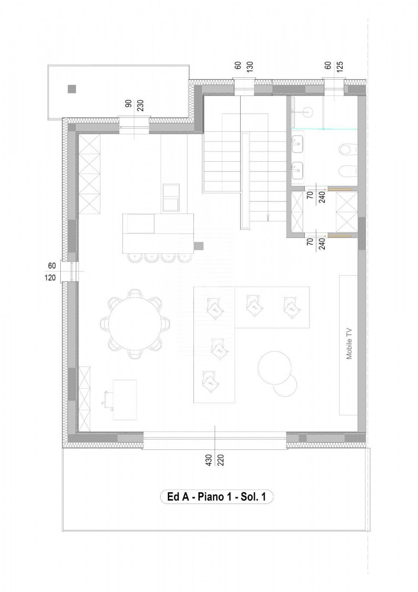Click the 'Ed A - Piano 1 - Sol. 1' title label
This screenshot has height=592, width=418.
tap(216, 497)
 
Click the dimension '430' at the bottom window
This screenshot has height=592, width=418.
tap(209, 460)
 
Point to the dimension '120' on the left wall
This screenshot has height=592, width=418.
tap(51, 277)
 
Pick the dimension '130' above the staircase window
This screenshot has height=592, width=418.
tap(250, 66)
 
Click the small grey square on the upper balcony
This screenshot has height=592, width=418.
tap(72, 89)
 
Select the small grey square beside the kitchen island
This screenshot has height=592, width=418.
tap(199, 245)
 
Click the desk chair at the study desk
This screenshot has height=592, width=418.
tap(107, 400)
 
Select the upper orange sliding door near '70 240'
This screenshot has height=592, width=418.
tap(339, 189)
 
